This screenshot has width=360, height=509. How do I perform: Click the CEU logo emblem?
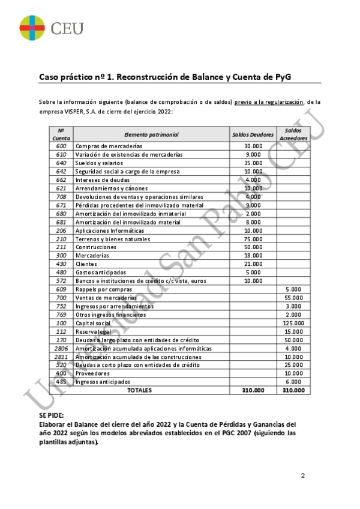click(x=32, y=27)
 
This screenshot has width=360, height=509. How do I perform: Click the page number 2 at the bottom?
click(x=303, y=476)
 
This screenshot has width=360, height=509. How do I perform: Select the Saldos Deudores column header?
click(x=253, y=134)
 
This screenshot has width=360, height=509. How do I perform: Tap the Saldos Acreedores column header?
click(x=293, y=134)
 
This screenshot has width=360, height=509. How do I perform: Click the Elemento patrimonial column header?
click(x=151, y=134)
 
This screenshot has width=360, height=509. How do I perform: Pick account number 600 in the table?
click(x=61, y=146)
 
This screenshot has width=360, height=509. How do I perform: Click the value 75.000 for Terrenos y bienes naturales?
click(x=253, y=239)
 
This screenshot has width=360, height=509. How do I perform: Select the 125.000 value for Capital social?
click(x=293, y=323)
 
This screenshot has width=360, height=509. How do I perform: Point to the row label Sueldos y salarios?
click(x=99, y=163)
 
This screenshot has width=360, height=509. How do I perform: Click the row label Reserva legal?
click(x=94, y=331)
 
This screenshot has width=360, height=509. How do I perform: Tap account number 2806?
click(x=61, y=348)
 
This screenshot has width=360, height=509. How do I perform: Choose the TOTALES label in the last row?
click(x=139, y=390)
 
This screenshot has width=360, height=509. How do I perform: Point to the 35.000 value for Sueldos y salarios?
click(x=253, y=163)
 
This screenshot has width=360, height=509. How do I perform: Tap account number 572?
click(x=61, y=281)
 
